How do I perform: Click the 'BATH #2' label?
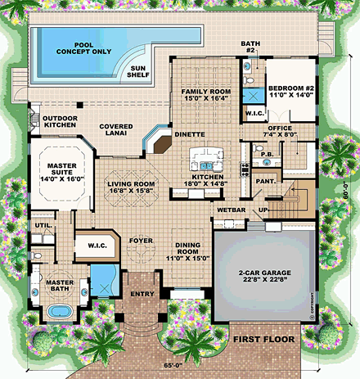coord(250,47)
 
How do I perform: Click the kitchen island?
coord(205,156)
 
